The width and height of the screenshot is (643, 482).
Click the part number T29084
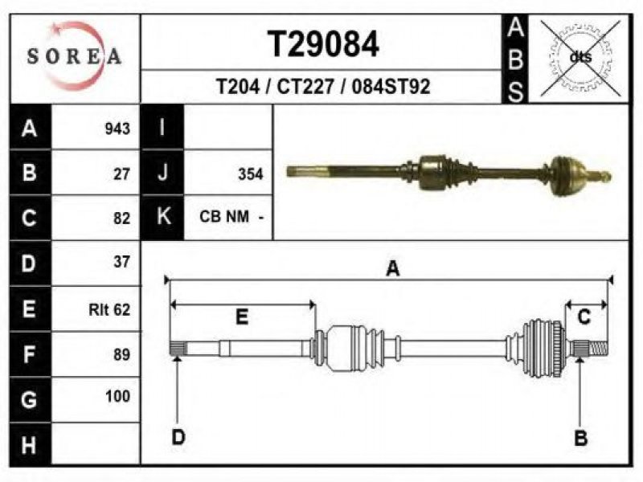pos(323,44)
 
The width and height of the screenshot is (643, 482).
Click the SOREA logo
pos(74,56)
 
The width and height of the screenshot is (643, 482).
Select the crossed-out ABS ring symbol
pos(580,58)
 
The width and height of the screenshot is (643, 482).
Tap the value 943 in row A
pos(117,129)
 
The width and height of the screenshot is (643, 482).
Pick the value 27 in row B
pos(121,174)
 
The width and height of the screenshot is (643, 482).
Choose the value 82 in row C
pos(121,219)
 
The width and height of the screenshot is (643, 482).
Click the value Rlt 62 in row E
pos(109,309)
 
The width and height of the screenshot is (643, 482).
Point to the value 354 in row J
pos(250,174)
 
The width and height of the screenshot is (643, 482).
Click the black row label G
pos(30,399)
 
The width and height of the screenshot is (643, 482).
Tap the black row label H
pos(30,445)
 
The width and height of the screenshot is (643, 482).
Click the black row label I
pos(162,127)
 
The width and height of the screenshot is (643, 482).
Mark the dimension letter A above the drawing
pos(393,269)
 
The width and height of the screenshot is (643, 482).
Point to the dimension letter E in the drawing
pos(242,317)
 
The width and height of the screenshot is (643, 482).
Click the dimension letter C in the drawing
pos(584,317)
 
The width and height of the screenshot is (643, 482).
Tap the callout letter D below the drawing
pos(178,437)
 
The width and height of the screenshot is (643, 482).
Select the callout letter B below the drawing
pos(580,439)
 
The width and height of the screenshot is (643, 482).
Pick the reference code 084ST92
pos(391,87)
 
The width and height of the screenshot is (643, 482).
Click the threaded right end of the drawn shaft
pos(599,349)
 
